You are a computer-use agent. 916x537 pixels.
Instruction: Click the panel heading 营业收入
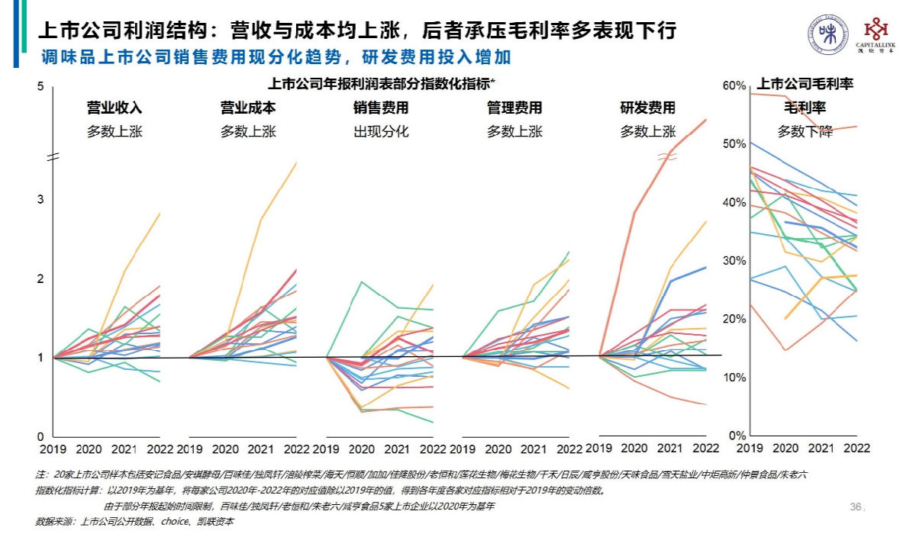(x=114, y=108)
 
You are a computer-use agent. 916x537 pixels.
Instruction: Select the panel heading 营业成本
(x=248, y=108)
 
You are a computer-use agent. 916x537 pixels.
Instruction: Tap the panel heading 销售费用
(x=381, y=108)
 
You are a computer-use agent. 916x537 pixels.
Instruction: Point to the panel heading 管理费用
(x=514, y=108)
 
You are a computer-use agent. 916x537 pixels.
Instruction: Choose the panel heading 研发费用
(x=647, y=108)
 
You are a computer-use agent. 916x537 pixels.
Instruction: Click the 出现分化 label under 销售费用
(x=381, y=131)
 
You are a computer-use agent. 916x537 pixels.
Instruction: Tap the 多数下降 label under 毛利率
(x=805, y=131)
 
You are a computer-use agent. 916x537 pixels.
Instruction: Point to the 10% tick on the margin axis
(x=734, y=378)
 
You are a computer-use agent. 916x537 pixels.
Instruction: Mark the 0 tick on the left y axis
(x=40, y=436)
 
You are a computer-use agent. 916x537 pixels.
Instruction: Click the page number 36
(x=855, y=506)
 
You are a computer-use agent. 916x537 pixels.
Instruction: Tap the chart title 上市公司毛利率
(x=805, y=84)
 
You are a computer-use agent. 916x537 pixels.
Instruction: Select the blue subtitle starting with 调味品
(x=276, y=58)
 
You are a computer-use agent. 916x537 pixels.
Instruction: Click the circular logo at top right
(x=827, y=35)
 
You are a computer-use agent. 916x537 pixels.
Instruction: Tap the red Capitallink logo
(x=876, y=35)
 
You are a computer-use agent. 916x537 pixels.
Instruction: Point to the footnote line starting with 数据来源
(x=134, y=523)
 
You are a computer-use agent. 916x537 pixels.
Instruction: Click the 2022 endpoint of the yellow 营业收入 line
(x=160, y=214)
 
